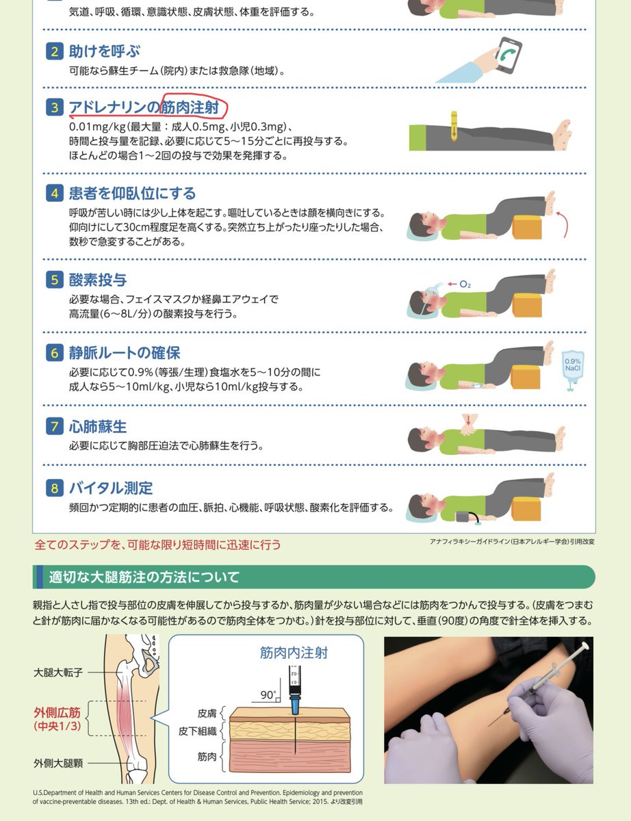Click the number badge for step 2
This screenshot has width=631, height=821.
(55, 51)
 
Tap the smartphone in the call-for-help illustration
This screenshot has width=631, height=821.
(508, 55)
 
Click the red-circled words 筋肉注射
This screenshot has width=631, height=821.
(190, 107)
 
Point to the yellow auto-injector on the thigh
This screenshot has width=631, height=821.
(454, 127)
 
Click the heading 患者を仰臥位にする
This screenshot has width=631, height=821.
(132, 194)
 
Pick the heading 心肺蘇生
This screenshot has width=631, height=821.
(97, 426)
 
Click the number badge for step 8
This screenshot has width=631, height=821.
(55, 488)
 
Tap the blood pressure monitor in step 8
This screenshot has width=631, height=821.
(464, 516)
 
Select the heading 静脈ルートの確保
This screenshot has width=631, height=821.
(125, 353)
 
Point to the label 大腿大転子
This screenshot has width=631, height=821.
(58, 673)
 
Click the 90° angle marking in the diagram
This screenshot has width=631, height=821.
(268, 695)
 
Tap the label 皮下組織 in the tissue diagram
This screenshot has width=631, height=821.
(197, 731)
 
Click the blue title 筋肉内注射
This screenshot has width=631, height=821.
(294, 653)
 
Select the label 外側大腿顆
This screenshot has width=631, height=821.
(58, 764)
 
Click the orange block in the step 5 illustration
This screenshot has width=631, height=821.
(528, 304)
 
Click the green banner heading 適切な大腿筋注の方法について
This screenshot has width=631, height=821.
(144, 577)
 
